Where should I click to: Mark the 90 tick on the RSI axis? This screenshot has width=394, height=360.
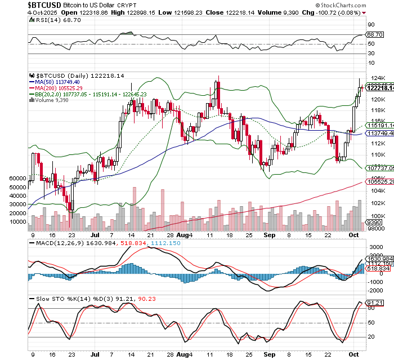371,25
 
